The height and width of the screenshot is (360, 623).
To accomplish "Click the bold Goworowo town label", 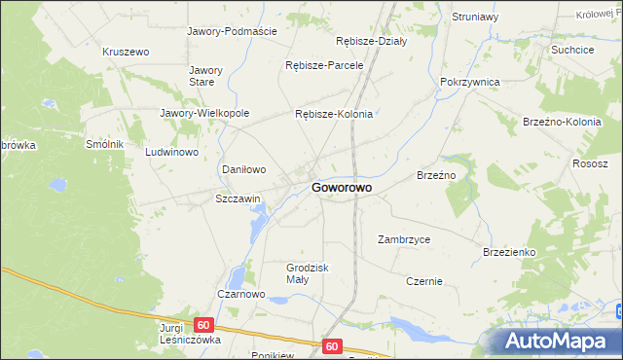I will (346, 188).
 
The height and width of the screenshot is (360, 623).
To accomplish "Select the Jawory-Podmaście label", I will (232, 30).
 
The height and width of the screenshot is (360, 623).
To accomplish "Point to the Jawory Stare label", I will (206, 76).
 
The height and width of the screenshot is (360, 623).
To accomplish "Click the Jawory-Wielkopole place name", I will (204, 113).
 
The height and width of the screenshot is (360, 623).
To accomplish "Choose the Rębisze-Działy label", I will (371, 41).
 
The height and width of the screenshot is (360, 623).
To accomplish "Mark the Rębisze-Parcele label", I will (324, 65).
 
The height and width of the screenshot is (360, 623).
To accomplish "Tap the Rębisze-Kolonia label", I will (334, 114).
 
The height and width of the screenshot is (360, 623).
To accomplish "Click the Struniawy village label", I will (475, 17).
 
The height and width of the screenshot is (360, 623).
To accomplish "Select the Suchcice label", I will (572, 49).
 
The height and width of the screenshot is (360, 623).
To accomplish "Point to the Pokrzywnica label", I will (470, 83).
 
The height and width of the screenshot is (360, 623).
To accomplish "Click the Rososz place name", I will (590, 163).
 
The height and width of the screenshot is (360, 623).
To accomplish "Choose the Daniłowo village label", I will (244, 169).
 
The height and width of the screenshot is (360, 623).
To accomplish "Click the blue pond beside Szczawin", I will (257, 229).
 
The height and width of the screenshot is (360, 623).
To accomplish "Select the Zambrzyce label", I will (404, 238).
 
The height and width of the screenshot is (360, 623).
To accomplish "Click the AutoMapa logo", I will (556, 341).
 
